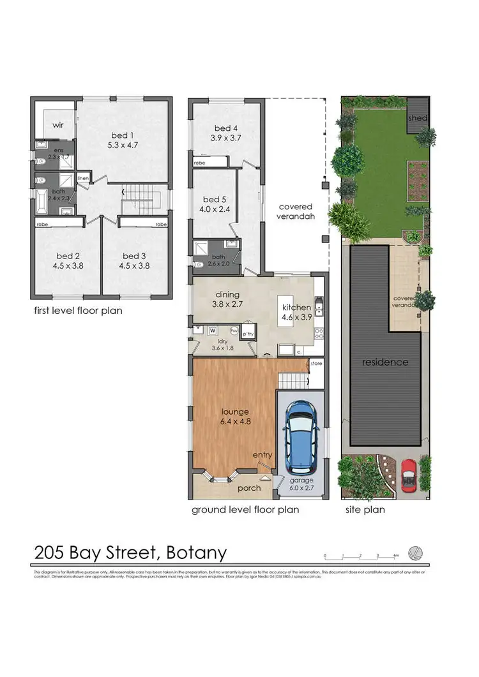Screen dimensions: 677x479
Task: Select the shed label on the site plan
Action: coord(418,118)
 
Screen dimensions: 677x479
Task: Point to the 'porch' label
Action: coord(249,488)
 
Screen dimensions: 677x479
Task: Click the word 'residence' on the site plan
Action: coord(385,362)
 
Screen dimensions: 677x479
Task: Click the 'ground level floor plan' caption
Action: coord(245,510)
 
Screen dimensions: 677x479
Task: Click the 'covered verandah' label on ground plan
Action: coord(295,211)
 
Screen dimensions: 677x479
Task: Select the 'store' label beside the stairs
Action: coord(316,363)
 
